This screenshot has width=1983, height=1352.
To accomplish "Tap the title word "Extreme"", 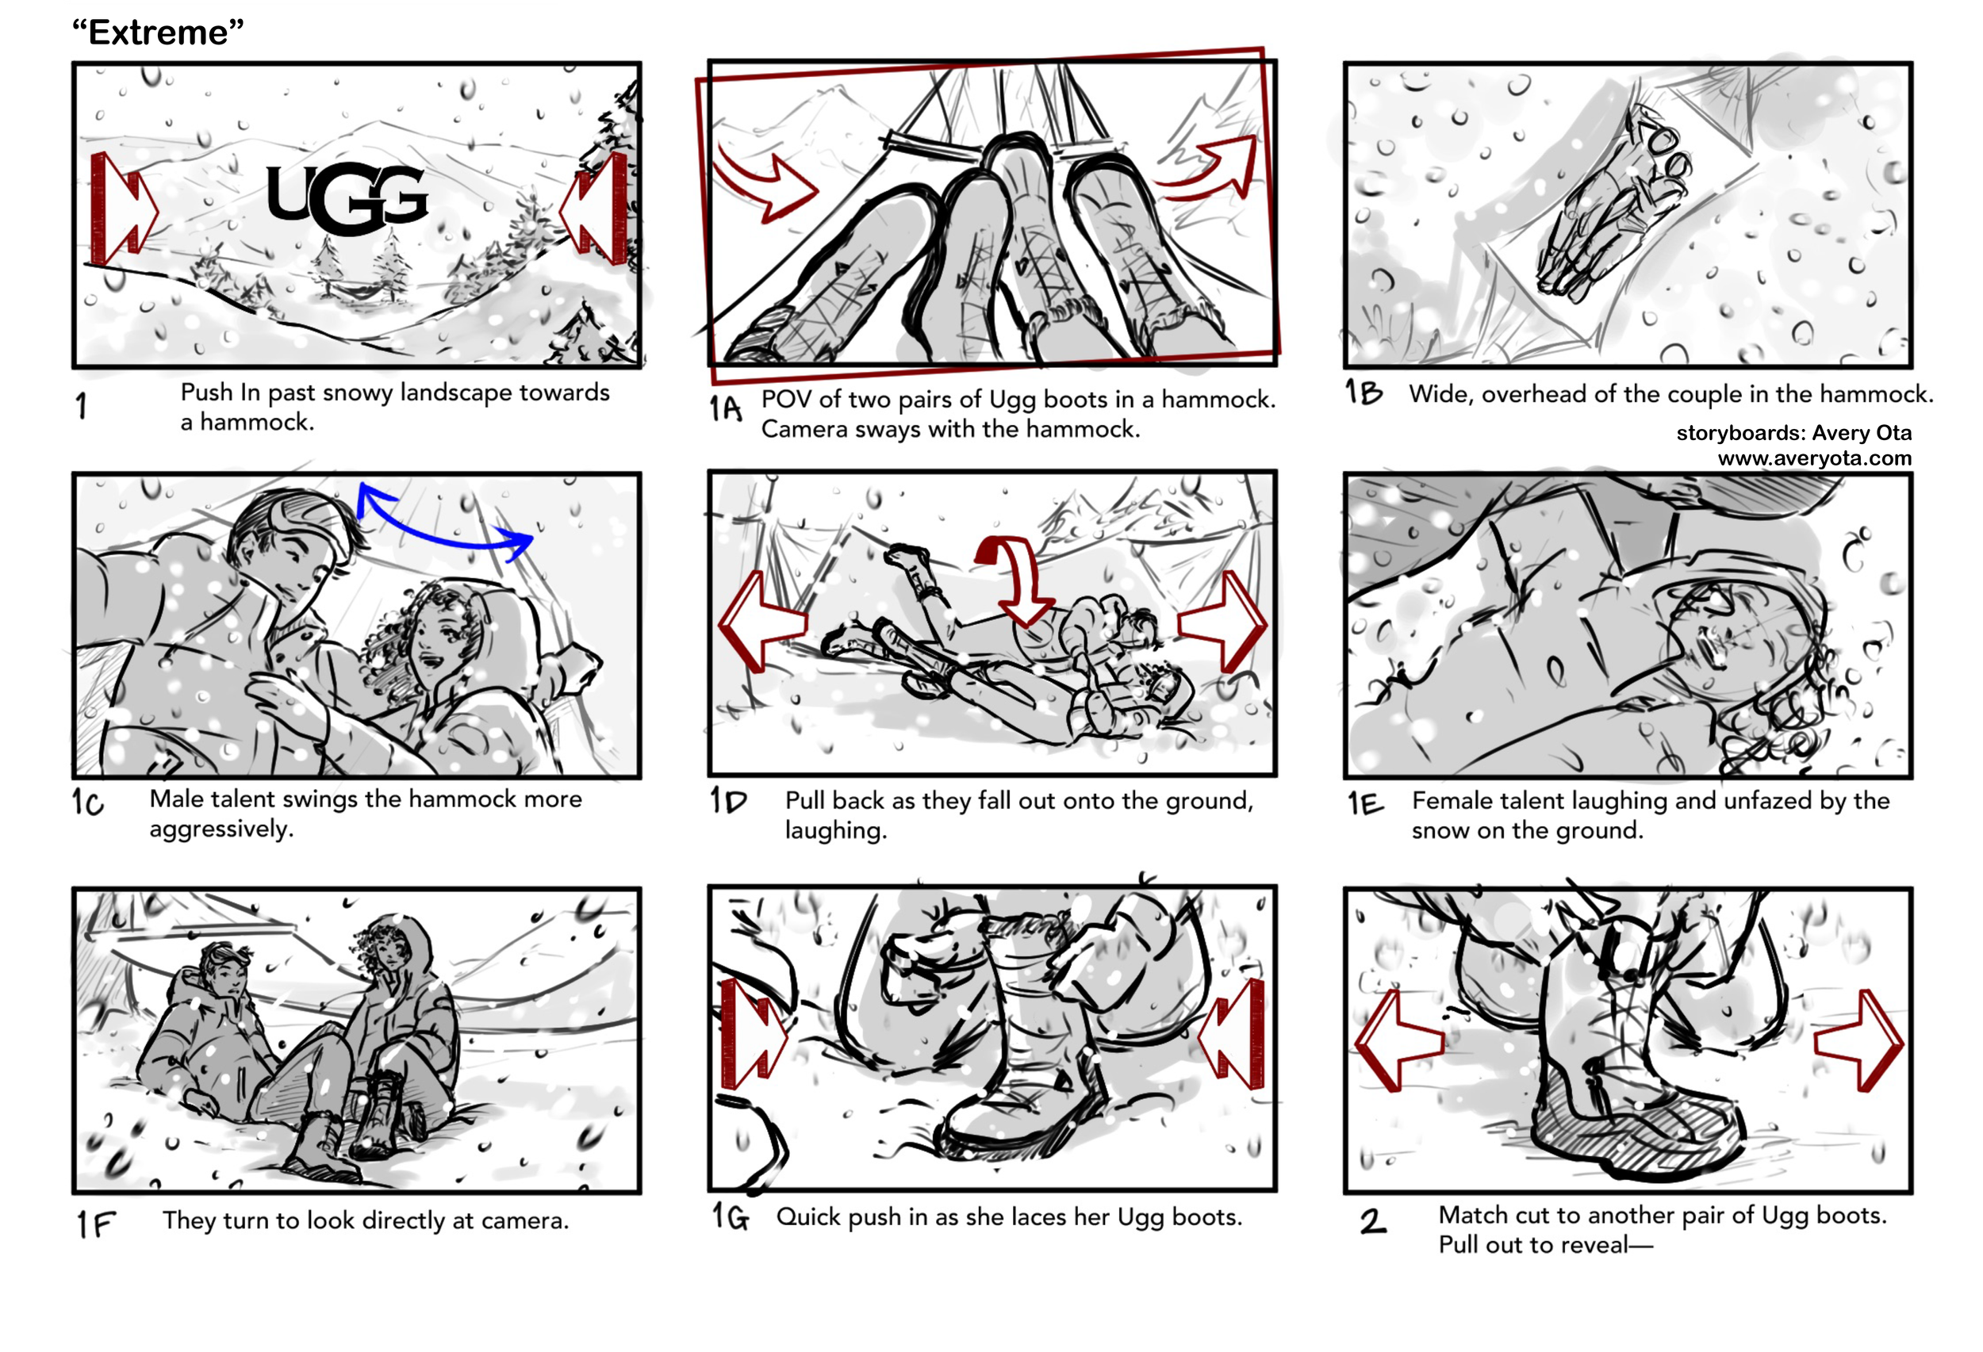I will tap(158, 33).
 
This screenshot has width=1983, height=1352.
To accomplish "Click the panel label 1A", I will tap(724, 408).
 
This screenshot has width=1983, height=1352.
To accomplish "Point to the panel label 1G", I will tap(731, 1216).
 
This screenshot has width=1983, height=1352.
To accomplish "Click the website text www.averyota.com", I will tap(1814, 458).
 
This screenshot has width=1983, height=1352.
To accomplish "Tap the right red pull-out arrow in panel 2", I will tap(1860, 1040).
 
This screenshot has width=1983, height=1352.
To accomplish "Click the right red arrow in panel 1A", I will tap(1212, 170).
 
